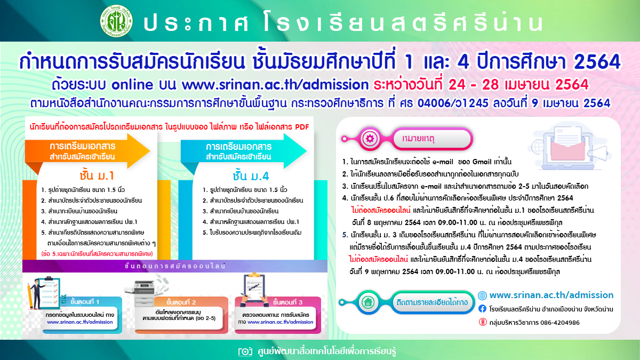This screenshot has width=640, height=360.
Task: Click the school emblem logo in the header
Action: coord(117,21)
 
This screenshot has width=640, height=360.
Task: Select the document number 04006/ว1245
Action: coord(453,103)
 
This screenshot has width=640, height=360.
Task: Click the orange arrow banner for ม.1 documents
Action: coord(87,151)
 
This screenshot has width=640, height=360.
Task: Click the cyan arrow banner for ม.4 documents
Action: coord(243,151)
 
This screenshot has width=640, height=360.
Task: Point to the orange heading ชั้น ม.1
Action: coord(97,175)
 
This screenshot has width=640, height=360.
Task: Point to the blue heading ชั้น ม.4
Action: coord(251,176)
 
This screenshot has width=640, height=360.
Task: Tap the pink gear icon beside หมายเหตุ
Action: coord(370,139)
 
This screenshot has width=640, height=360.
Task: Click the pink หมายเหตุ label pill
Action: coord(431,139)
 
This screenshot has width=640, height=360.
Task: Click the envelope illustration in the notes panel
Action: coord(568,147)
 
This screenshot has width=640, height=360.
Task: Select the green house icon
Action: coord(368,302)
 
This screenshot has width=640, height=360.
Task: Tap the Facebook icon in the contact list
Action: coord(482,309)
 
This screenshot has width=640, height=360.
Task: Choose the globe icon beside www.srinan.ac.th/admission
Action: coord(482,295)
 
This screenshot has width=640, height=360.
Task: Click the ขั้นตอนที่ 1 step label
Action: coord(85,302)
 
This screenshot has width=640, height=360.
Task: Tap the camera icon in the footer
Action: coord(245,351)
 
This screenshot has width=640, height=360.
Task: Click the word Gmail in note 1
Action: coord(482,162)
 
